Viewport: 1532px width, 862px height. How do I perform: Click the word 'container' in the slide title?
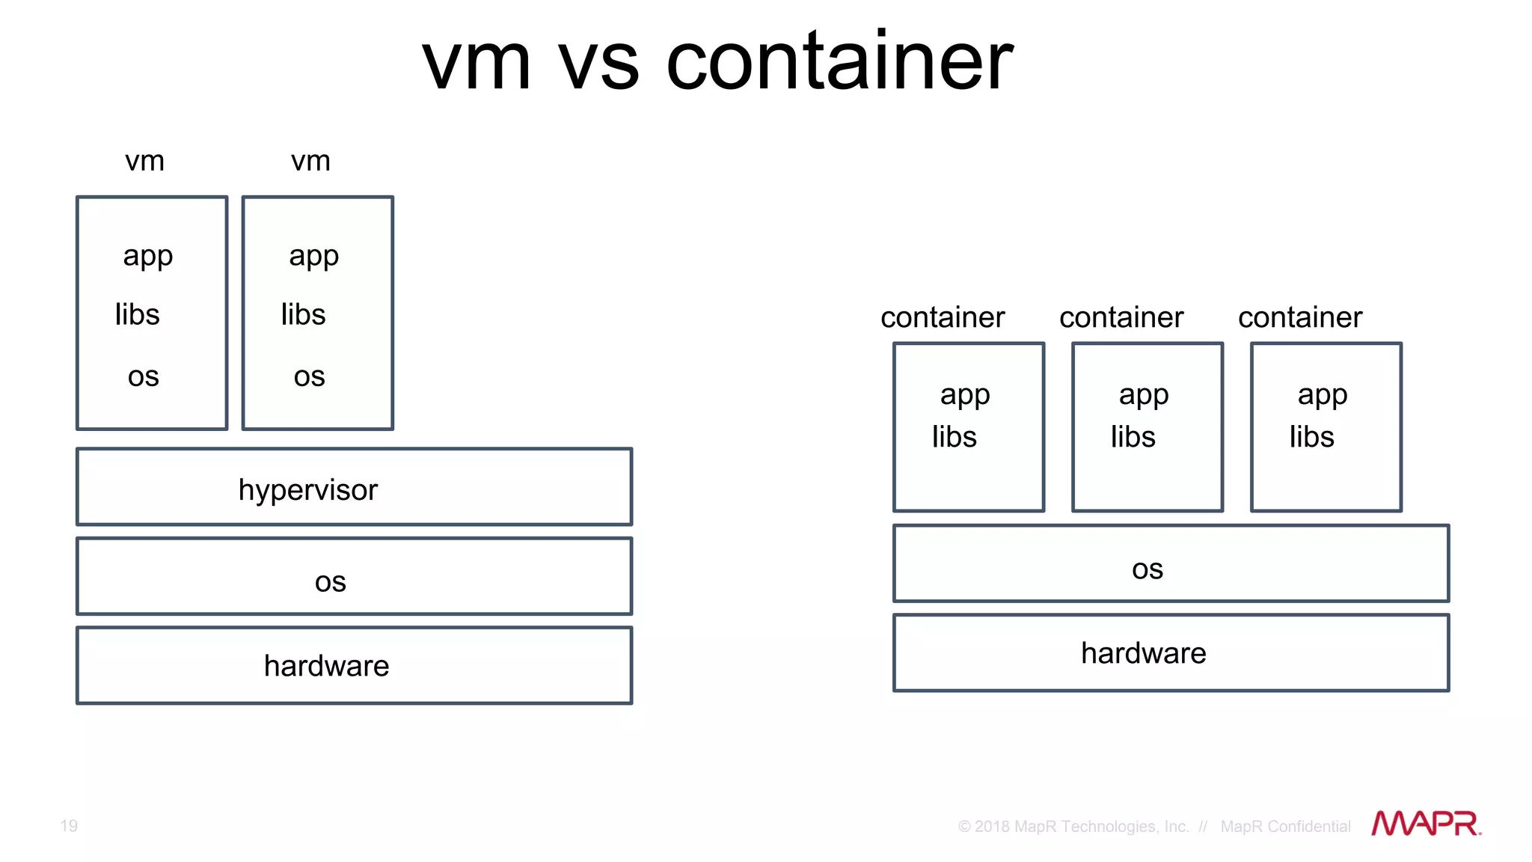[x=839, y=61]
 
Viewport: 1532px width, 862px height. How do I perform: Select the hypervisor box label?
[x=307, y=490]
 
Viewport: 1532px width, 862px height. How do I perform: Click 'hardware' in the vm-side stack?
[x=326, y=666]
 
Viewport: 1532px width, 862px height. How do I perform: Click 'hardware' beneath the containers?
[x=1143, y=653]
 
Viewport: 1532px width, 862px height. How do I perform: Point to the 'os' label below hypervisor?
[x=330, y=581]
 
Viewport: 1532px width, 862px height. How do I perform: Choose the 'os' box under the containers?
[x=1147, y=569]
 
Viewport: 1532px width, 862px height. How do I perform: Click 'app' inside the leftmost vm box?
[x=148, y=257]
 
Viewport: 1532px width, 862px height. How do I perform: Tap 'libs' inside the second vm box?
[x=303, y=314]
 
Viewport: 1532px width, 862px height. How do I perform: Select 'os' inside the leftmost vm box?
[x=143, y=376]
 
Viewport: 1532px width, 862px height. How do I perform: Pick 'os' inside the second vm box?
[x=309, y=376]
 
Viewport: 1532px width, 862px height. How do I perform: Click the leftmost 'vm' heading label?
[x=144, y=161]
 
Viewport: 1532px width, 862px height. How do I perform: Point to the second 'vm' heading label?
[x=310, y=161]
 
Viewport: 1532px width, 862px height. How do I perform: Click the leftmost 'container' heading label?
[x=943, y=317]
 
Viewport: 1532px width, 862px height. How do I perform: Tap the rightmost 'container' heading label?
[x=1300, y=317]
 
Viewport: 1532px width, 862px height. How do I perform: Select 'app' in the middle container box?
[x=1144, y=395]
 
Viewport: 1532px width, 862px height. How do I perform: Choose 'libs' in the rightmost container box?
[x=1311, y=437]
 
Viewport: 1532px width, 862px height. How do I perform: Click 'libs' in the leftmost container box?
[x=954, y=437]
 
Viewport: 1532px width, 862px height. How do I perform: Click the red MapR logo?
[x=1426, y=824]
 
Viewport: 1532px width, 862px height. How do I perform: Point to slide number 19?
[x=69, y=825]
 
